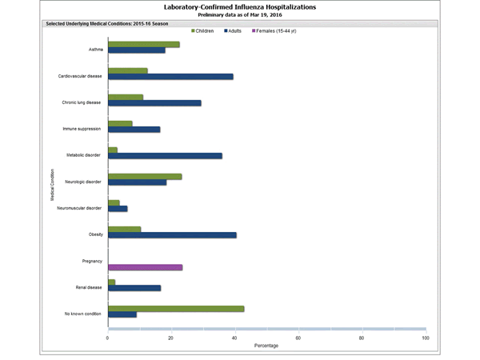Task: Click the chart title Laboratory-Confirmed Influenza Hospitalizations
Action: point(239,6)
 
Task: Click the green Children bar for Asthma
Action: point(143,44)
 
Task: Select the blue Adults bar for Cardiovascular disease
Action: point(170,77)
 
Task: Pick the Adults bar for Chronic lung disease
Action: point(154,103)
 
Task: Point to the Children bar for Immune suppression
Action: point(120,123)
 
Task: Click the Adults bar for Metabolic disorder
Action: point(165,156)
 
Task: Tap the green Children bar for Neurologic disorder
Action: point(145,176)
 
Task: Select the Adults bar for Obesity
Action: point(172,235)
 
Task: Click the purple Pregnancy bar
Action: point(145,267)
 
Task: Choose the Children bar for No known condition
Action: point(176,308)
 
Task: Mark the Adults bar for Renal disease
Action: point(134,288)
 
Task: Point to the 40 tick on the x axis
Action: point(235,338)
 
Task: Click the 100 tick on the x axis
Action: point(426,338)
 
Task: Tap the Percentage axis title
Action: point(266,346)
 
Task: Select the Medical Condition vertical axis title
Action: point(53,184)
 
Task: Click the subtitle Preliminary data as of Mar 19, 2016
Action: point(239,15)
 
